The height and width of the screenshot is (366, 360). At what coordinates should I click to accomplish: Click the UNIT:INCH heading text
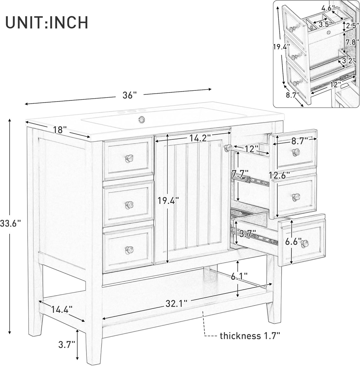pyautogui.click(x=47, y=22)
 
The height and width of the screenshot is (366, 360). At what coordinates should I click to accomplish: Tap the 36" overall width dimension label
pyautogui.click(x=130, y=95)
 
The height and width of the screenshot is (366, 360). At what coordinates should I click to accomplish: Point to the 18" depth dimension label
pyautogui.click(x=60, y=130)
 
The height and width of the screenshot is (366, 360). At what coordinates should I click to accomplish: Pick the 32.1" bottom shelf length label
pyautogui.click(x=177, y=304)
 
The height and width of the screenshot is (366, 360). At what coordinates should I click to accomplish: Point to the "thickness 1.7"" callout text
pyautogui.click(x=250, y=336)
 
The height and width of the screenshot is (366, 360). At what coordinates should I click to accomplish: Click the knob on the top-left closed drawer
pyautogui.click(x=129, y=158)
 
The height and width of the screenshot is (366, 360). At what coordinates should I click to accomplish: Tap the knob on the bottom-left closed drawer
pyautogui.click(x=129, y=250)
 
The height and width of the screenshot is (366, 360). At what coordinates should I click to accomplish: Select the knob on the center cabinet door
pyautogui.click(x=227, y=148)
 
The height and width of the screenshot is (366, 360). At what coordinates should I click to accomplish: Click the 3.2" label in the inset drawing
pyautogui.click(x=348, y=61)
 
